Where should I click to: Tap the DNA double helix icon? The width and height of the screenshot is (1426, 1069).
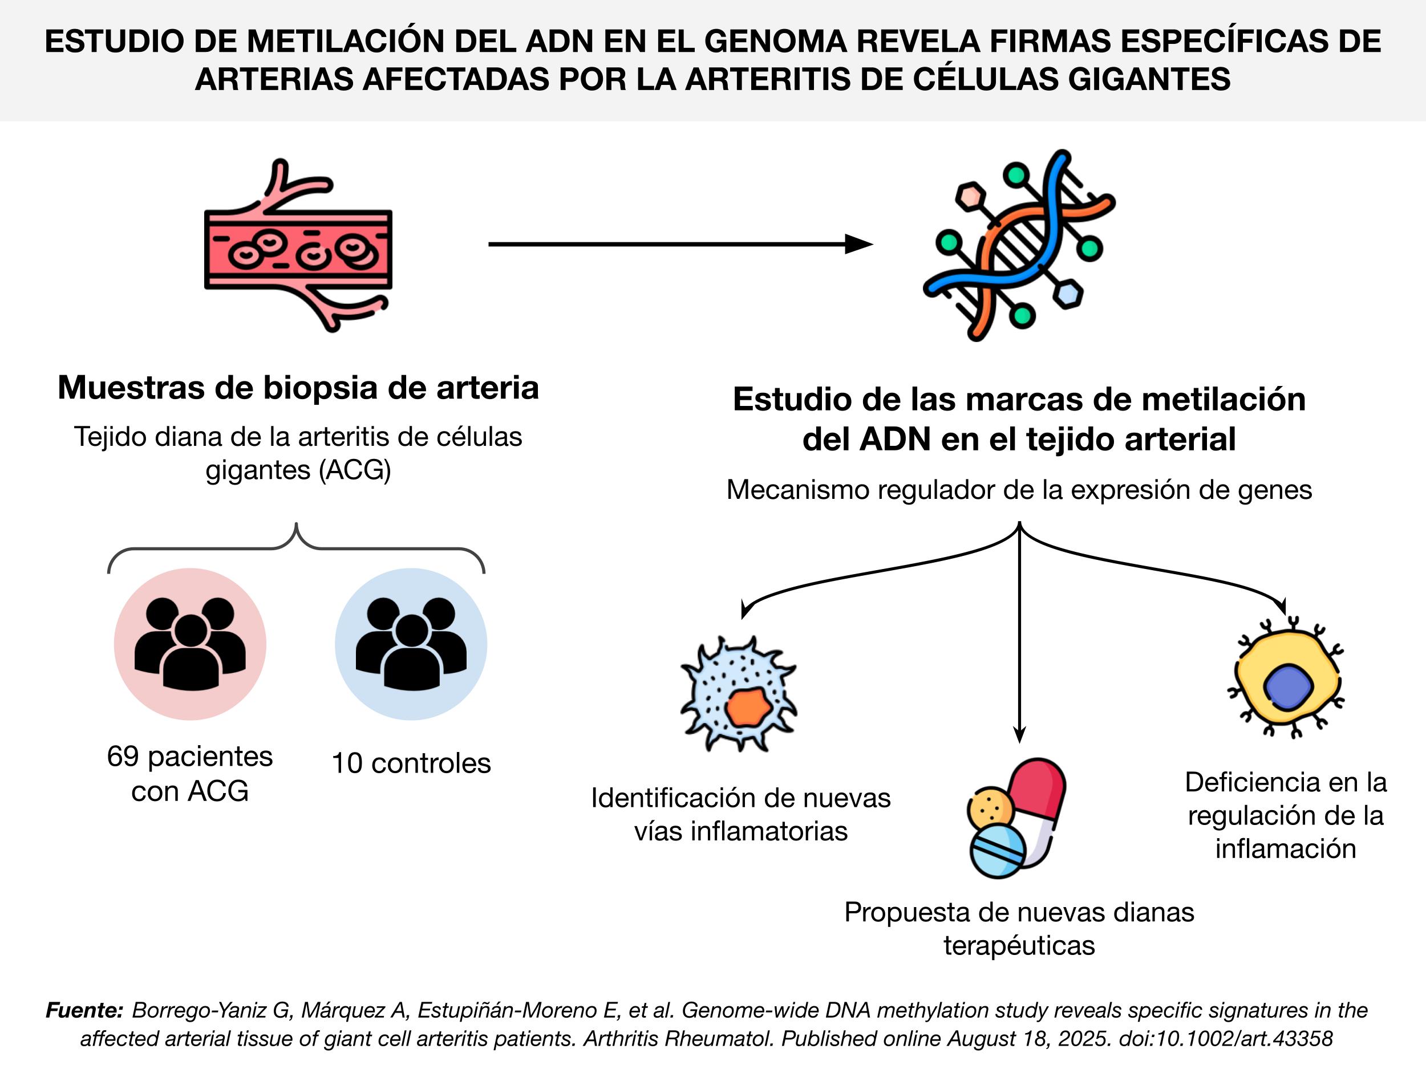[x=1019, y=245]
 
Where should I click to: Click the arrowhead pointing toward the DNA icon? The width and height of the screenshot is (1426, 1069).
[x=860, y=244]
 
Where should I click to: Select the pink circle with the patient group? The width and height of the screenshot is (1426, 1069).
[x=190, y=644]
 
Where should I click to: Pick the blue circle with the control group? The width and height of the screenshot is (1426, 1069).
[x=411, y=644]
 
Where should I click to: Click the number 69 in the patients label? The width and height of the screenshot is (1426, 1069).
[x=123, y=757]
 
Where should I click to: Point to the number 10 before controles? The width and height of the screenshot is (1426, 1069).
[x=347, y=763]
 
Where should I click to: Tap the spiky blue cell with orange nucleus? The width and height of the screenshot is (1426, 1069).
[x=739, y=694]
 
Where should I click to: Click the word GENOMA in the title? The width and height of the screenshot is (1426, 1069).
[x=774, y=41]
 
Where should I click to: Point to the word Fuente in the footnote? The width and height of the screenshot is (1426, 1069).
[x=84, y=1010]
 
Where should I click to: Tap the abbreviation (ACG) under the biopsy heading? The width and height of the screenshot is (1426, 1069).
[x=355, y=470]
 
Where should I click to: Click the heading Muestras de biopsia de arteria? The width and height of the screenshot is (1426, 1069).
[x=298, y=388]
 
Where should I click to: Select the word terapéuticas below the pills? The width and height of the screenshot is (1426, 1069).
[x=1019, y=945]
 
